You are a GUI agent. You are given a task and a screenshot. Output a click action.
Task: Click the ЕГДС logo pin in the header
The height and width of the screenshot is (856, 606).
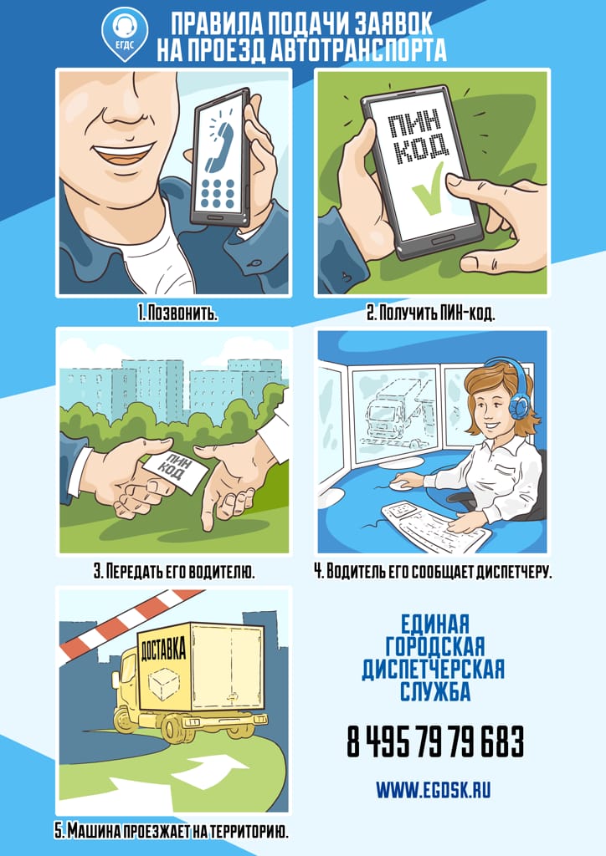tap(126, 33)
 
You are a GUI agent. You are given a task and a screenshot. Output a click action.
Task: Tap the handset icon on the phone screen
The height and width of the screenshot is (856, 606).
tap(218, 145)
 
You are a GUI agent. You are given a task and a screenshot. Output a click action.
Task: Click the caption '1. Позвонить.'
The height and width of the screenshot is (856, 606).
tap(177, 314)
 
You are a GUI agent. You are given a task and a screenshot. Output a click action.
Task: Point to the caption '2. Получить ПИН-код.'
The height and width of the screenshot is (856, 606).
tap(430, 314)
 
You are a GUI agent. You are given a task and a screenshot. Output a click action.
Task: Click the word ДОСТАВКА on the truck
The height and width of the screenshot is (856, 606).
tap(163, 648)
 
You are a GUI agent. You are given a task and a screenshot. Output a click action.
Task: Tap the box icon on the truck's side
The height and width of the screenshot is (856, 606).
tap(163, 685)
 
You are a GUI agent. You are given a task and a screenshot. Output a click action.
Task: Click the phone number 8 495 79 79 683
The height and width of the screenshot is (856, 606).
tap(435, 741)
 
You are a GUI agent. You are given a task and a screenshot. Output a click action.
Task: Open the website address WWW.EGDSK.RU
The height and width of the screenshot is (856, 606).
tap(434, 790)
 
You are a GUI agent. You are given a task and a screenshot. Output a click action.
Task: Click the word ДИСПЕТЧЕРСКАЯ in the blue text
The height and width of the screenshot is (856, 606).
tap(434, 669)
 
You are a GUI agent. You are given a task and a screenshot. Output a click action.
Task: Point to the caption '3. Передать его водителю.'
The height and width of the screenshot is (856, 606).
tap(174, 572)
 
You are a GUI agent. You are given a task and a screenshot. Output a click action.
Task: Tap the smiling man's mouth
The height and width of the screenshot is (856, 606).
tap(121, 152)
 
